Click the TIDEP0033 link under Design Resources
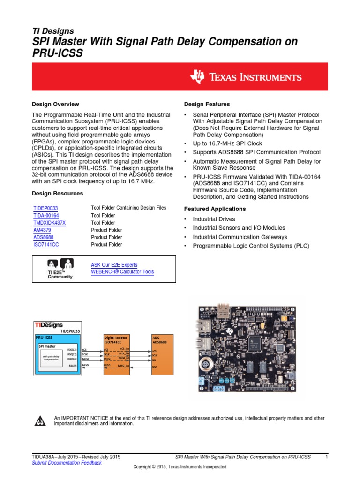[45, 208]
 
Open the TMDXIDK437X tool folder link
[50, 223]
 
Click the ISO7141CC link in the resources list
[46, 245]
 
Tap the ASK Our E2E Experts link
[114, 265]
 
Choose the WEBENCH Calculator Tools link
[122, 272]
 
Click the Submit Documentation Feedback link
[66, 463]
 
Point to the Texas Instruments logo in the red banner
[246, 77]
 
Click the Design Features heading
[207, 104]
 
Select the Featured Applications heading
[215, 209]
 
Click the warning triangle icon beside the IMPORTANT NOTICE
[40, 421]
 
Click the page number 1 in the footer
[326, 457]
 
